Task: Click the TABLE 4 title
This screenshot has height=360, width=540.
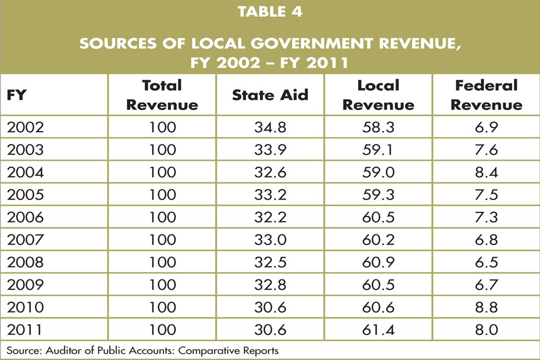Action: tap(270, 12)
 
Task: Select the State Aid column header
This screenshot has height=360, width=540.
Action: tap(270, 95)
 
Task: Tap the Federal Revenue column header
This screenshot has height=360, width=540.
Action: tap(486, 95)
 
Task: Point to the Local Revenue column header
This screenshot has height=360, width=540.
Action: tap(378, 95)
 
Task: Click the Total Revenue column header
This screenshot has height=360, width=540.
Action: tap(162, 95)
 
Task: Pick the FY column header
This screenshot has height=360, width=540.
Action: tap(16, 95)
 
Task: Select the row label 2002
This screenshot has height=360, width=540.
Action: tap(26, 127)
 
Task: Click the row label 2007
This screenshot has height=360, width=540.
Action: tap(26, 240)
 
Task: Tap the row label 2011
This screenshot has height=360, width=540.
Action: tap(26, 329)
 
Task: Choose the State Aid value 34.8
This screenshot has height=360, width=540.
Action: tap(270, 127)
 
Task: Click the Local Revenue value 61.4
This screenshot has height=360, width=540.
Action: tap(378, 329)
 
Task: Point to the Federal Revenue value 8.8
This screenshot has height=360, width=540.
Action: tap(486, 307)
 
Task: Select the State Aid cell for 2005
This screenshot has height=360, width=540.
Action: tap(270, 195)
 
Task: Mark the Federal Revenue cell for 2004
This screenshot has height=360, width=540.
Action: tap(486, 172)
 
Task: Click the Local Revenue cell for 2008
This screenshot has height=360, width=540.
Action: tap(378, 262)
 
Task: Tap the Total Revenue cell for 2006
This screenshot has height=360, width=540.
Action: tap(162, 217)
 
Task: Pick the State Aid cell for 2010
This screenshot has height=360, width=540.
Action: tap(270, 307)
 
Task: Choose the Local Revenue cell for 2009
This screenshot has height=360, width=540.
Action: tap(378, 285)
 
